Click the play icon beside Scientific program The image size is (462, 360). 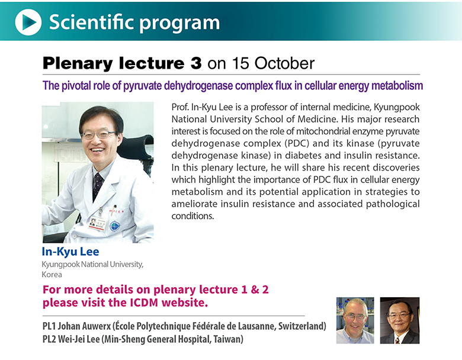click(28, 22)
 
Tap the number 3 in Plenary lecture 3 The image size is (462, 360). click(196, 63)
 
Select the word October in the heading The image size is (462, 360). click(284, 63)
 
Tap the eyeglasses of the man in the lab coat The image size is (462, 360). click(99, 134)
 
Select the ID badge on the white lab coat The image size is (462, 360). click(97, 223)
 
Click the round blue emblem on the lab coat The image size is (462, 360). click(115, 226)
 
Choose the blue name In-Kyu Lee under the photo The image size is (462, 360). click(70, 252)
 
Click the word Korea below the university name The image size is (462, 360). click(52, 275)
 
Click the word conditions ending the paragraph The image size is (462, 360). click(192, 216)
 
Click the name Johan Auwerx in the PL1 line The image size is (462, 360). click(84, 326)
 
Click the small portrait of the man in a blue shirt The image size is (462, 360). click(355, 320)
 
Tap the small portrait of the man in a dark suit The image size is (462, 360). click(400, 320)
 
